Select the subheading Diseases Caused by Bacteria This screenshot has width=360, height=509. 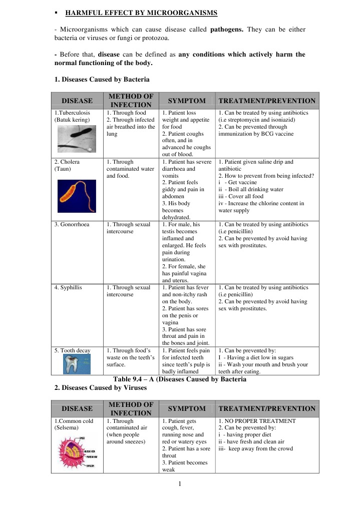pos(102,79)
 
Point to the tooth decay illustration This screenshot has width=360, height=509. pos(77,364)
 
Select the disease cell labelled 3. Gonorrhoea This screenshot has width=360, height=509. pos(72,225)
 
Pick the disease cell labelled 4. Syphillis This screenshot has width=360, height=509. pos(68,288)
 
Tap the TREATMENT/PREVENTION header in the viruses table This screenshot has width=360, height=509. pos(267,408)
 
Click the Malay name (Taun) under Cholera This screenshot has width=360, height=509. pos(63,169)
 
